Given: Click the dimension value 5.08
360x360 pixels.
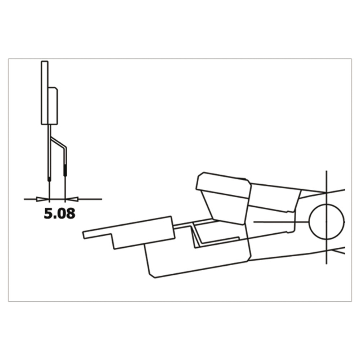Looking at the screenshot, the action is (x=59, y=213).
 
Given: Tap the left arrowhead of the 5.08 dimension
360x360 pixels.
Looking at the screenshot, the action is (x=43, y=199).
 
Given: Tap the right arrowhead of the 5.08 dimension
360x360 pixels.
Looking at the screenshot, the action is (x=72, y=199).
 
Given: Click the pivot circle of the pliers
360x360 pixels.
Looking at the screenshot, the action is (x=327, y=221).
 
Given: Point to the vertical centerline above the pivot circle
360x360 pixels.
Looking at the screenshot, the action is (x=327, y=187).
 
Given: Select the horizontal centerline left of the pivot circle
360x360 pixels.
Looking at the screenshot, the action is (x=281, y=222).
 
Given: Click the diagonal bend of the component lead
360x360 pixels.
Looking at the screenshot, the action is (x=58, y=142).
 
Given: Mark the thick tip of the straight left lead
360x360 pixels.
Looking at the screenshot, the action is (x=49, y=179).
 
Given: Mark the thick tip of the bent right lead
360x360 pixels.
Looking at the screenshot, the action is (x=66, y=170).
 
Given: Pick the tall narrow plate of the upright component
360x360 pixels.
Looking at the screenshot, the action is (x=45, y=93).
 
